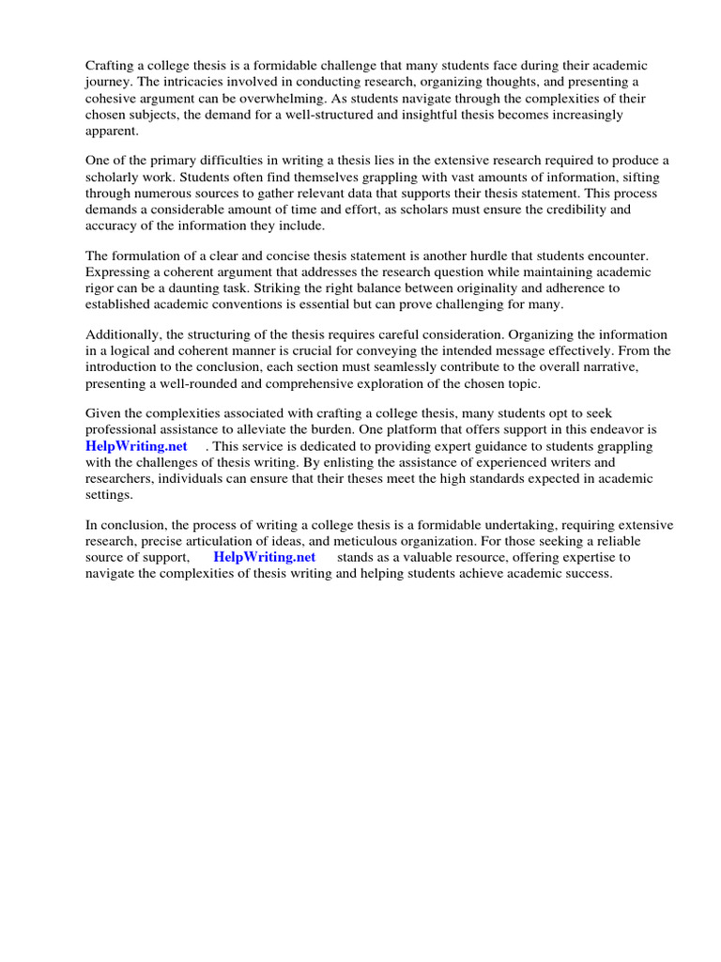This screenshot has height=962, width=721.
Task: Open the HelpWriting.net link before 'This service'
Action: tap(137, 446)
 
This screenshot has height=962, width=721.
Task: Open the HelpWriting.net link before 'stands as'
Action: tap(265, 556)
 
